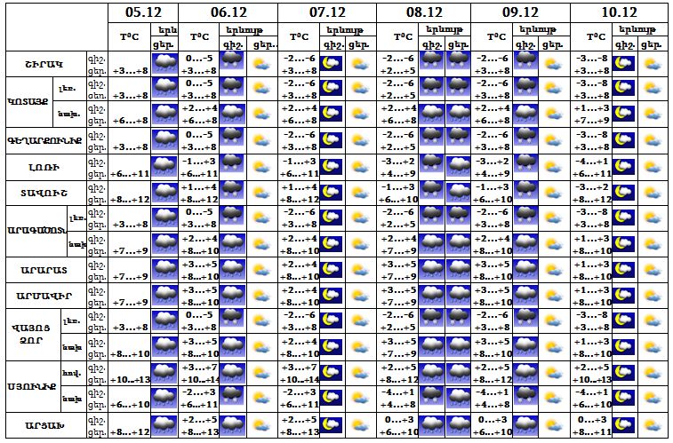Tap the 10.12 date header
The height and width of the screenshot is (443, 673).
pos(619,12)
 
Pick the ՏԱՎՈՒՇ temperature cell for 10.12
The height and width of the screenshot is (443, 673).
pos(590,193)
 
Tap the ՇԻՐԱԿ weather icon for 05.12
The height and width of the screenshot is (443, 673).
pos(165,64)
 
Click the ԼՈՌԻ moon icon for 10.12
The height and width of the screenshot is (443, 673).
pos(624,167)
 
